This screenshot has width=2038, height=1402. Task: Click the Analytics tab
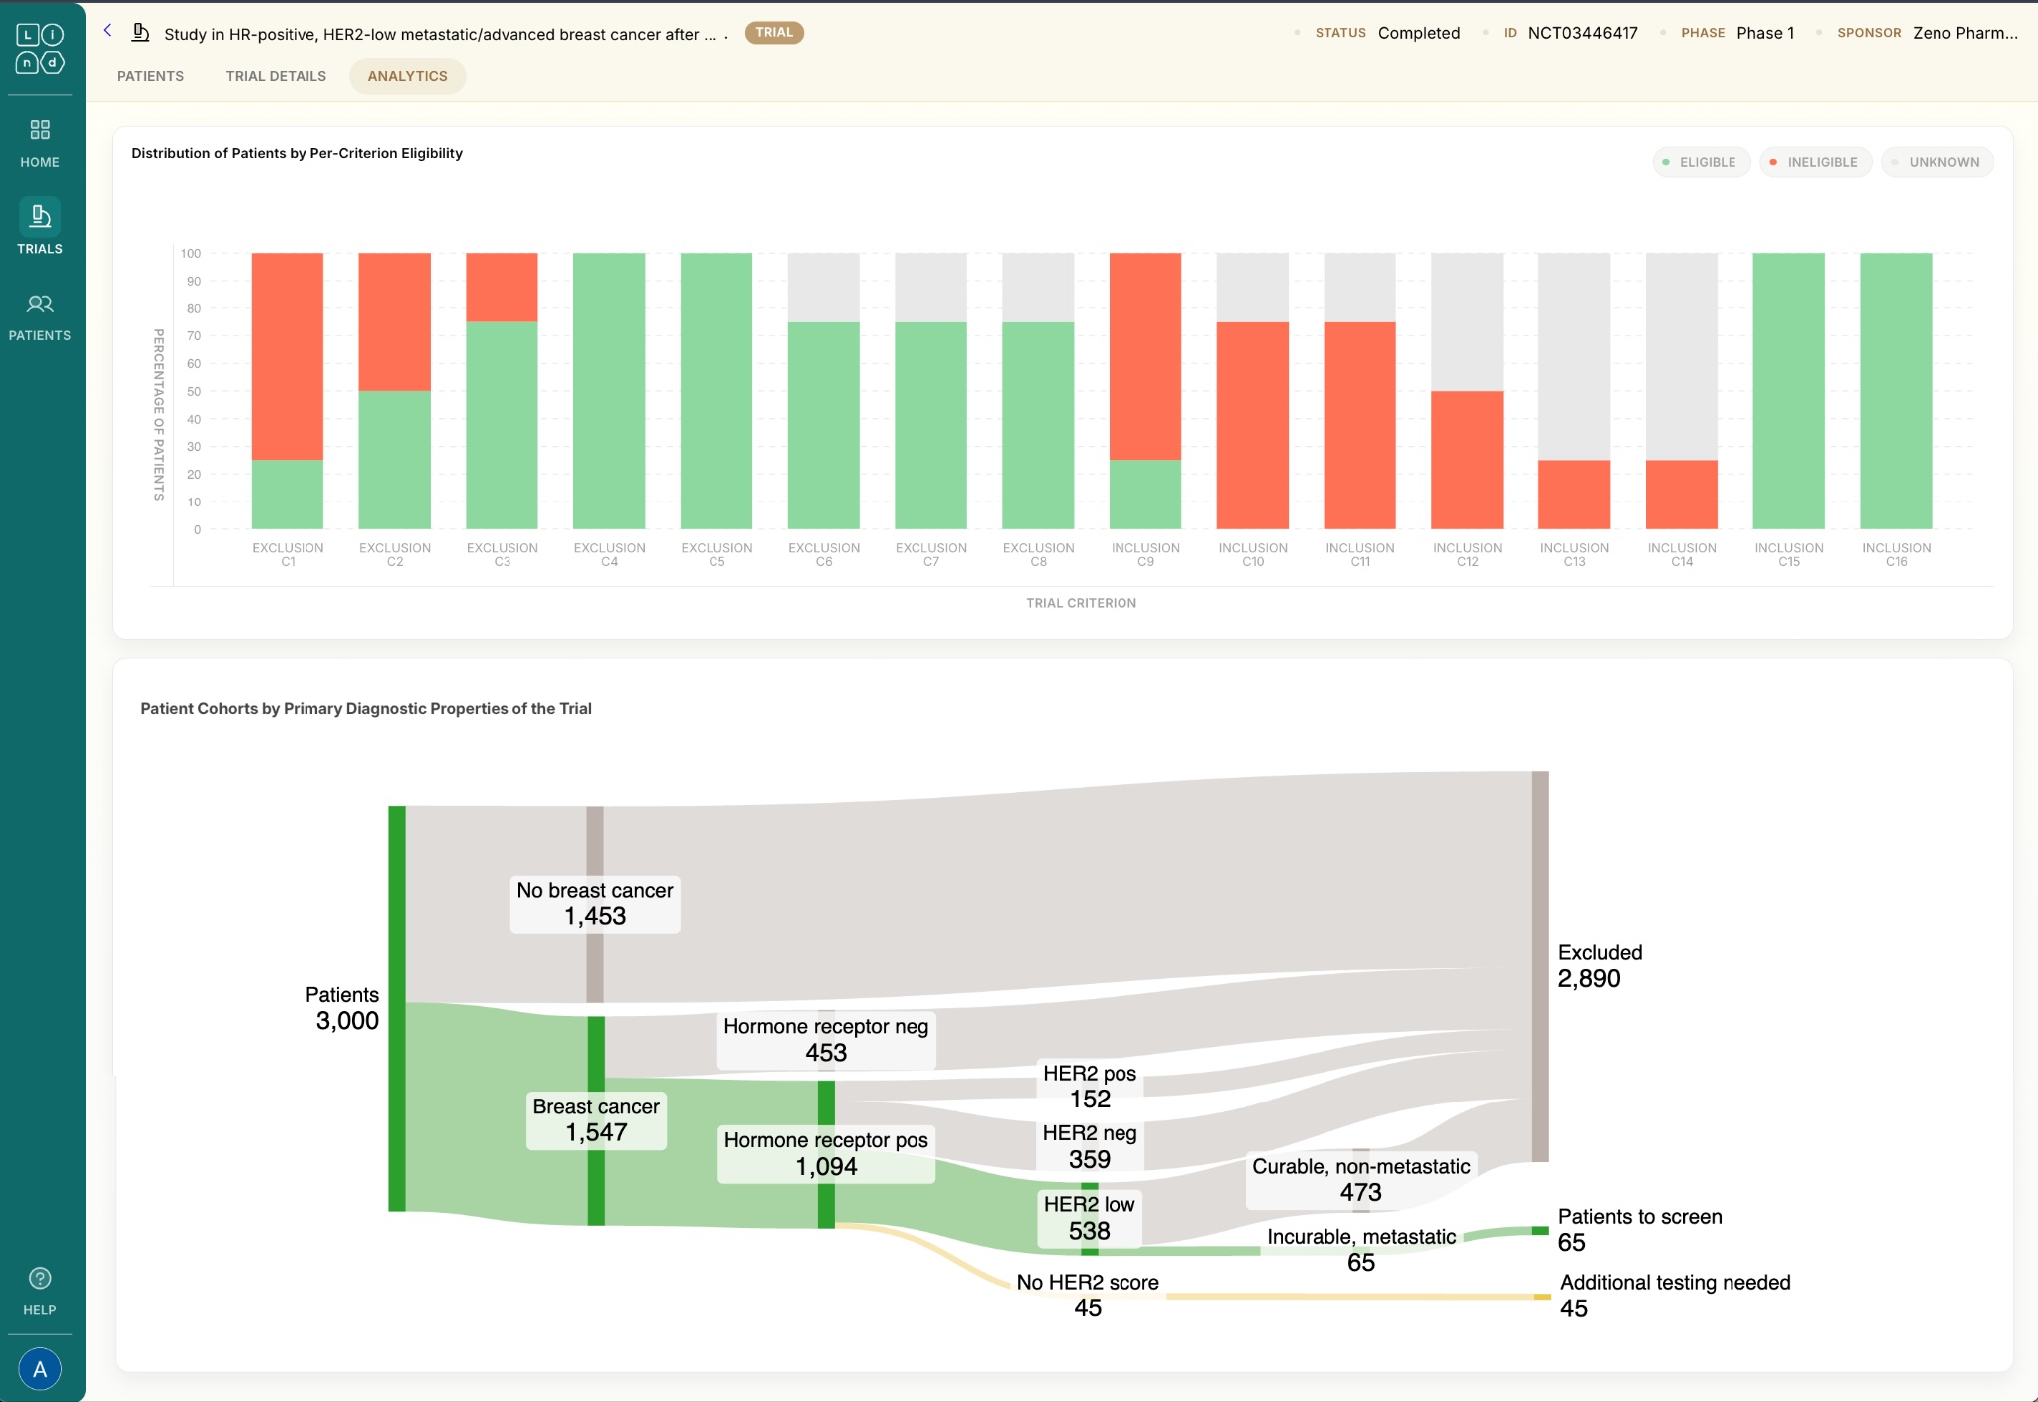point(407,76)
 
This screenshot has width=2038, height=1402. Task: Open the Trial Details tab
point(276,76)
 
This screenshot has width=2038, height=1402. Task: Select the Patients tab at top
point(150,76)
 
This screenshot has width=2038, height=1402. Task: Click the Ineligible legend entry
point(1815,162)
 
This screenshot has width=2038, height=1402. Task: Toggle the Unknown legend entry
point(1936,162)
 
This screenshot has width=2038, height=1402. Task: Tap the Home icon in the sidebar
point(40,142)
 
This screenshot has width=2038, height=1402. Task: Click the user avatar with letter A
point(40,1369)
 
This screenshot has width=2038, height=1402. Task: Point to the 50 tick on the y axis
point(194,392)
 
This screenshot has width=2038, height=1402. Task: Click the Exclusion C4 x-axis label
point(609,555)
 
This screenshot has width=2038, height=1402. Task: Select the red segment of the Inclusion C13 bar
point(1574,495)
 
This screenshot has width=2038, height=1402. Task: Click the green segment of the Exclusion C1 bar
point(288,495)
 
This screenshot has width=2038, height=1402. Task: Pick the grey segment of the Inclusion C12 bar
point(1467,321)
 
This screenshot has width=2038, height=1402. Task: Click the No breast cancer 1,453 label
point(595,903)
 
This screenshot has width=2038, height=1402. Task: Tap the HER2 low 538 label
point(1089,1218)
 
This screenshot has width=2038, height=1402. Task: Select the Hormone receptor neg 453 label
point(826,1040)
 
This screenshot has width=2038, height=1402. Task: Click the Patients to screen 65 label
point(1639,1230)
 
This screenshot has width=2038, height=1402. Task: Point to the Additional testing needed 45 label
point(1675,1296)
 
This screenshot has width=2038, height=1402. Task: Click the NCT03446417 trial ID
point(1582,33)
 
